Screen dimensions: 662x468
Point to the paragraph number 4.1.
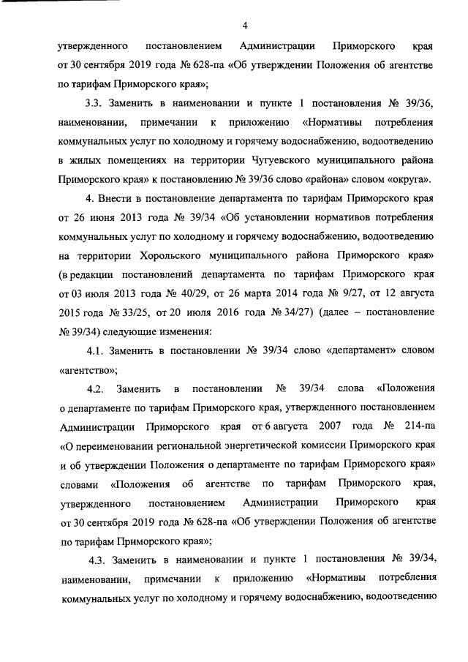(98, 351)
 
